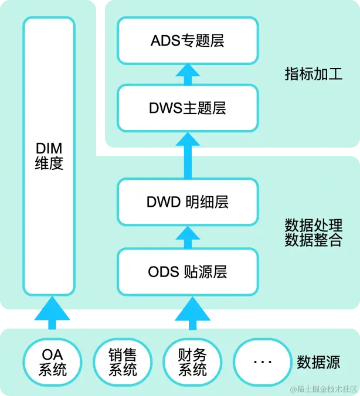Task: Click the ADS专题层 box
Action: tap(188, 40)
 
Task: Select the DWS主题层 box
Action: tap(188, 108)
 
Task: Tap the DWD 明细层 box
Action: tap(188, 202)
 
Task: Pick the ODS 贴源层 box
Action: tap(188, 272)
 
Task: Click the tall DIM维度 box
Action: tap(49, 156)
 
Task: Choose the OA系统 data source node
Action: tap(53, 361)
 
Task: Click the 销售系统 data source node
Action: tap(123, 361)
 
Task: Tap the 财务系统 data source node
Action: tap(192, 361)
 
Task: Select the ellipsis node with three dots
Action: tap(262, 361)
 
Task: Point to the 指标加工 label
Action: tap(313, 74)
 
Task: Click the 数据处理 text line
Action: tap(313, 226)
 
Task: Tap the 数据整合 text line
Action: tap(313, 240)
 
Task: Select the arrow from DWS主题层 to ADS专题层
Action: tap(188, 74)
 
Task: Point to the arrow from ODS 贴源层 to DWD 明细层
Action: tap(188, 237)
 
